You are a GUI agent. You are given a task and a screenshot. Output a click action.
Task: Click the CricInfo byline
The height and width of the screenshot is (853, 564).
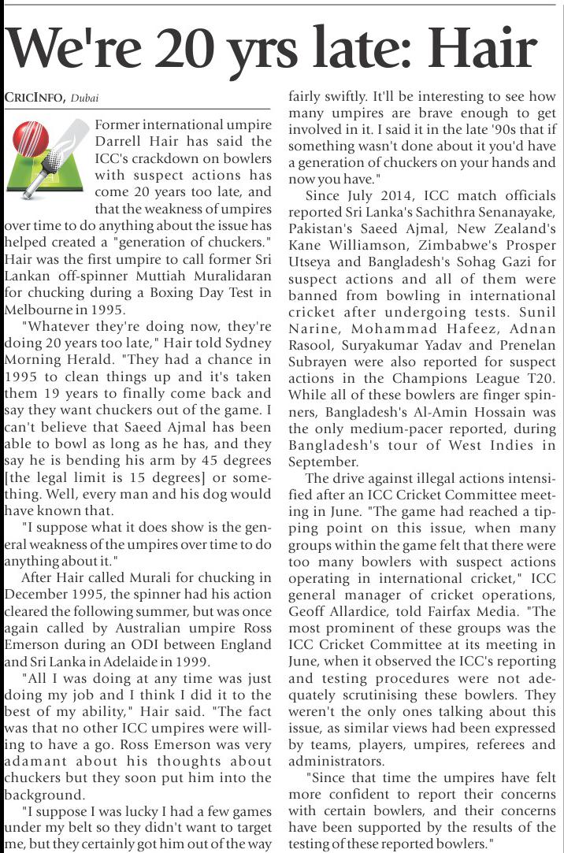34,98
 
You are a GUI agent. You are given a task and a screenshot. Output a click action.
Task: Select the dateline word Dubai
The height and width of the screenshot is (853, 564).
84,98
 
